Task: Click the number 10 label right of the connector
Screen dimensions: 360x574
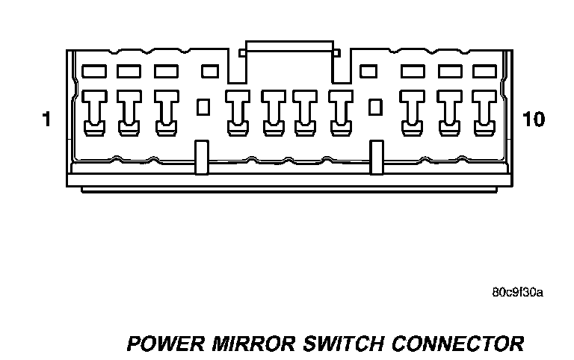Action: coord(534,120)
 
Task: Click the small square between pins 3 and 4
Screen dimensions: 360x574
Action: coord(202,107)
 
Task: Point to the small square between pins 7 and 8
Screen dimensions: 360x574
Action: coord(376,107)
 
